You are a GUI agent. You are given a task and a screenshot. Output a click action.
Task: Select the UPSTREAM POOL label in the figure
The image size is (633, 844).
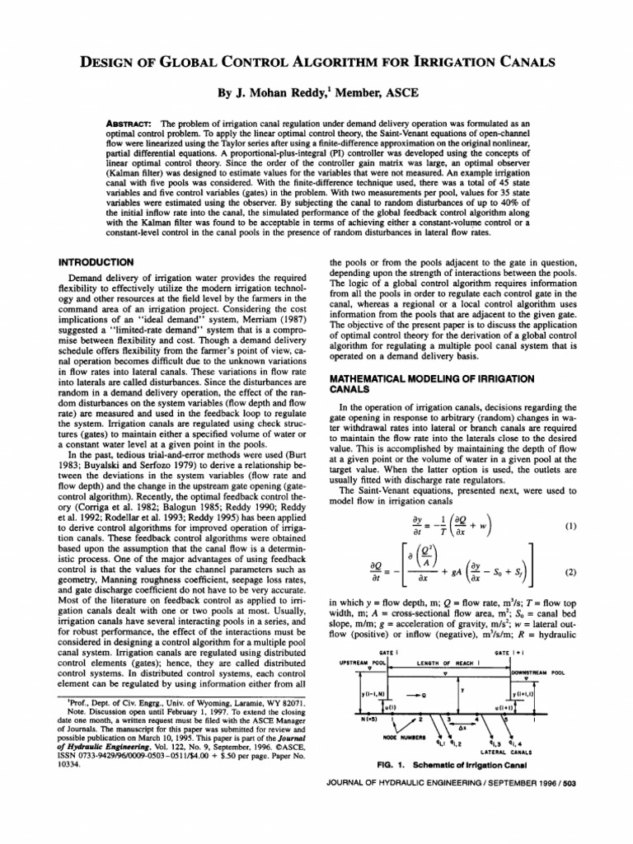363,662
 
